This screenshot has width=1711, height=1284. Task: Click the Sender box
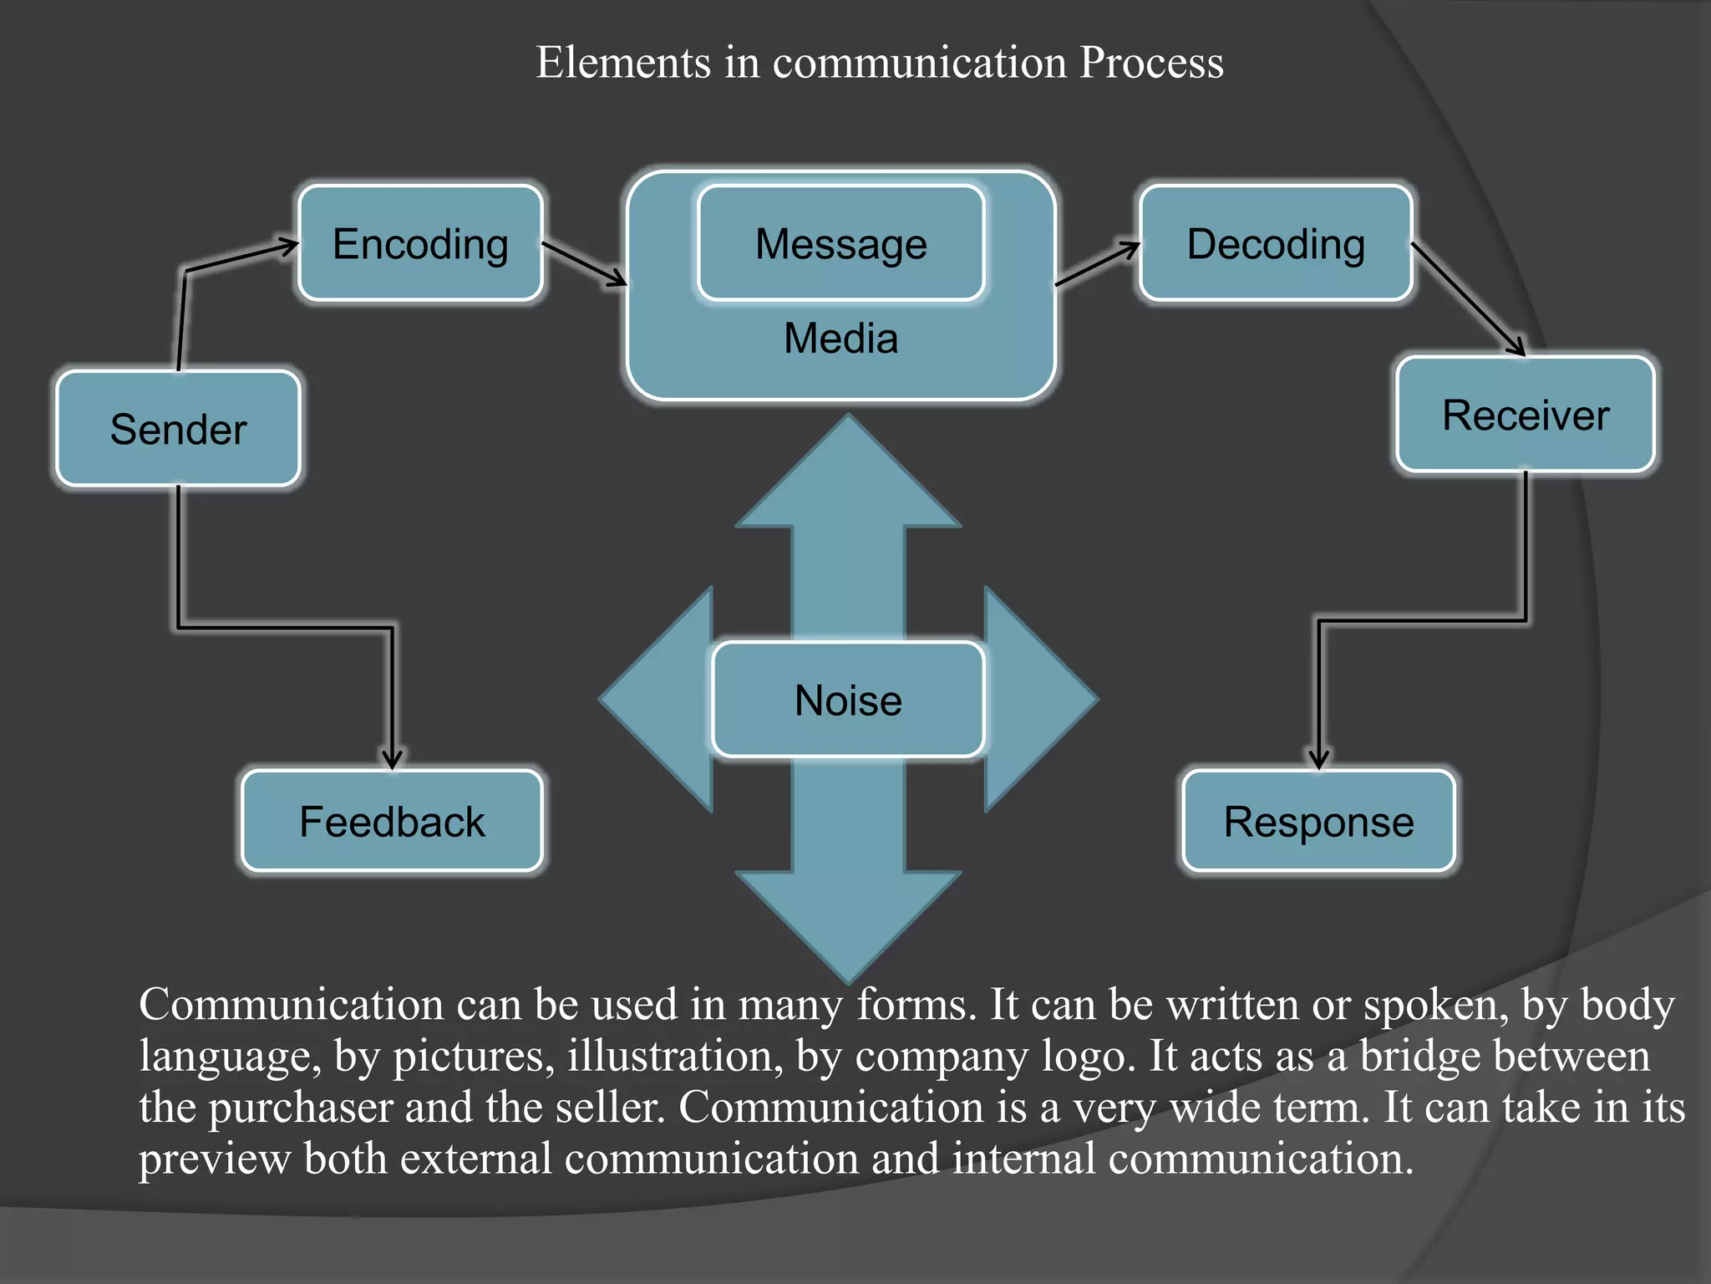[178, 429]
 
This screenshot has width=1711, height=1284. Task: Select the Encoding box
[420, 243]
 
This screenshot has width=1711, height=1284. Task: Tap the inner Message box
[840, 243]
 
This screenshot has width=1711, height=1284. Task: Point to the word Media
[840, 339]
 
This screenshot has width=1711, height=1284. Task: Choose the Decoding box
[1276, 243]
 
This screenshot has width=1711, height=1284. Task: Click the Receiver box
[1525, 415]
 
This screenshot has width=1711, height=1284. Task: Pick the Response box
[1318, 821]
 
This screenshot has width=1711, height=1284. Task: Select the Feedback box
[392, 821]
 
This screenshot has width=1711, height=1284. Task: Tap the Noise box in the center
[848, 700]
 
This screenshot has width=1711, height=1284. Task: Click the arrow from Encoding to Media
[584, 264]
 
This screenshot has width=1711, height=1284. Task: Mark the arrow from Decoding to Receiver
[1468, 299]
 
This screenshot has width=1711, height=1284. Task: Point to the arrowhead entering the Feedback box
[392, 759]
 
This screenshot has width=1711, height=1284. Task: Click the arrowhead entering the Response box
[1318, 759]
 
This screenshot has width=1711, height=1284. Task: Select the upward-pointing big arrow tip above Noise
[848, 468]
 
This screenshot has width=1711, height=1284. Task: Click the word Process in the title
[1150, 63]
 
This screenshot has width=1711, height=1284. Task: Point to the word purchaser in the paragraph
[300, 1108]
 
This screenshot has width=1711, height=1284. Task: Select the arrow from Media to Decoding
[1097, 264]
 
